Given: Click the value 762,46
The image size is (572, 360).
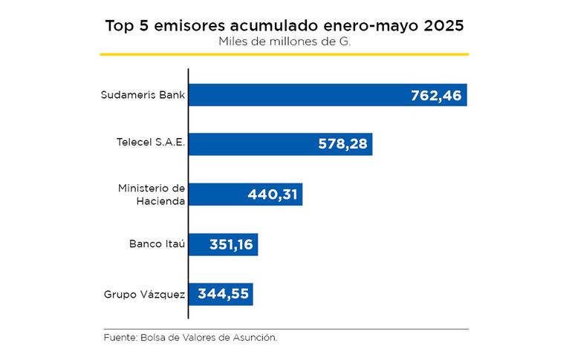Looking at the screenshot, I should click(436, 96).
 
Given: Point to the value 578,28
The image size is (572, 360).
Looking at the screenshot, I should click(342, 145).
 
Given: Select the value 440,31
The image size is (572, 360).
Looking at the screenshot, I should click(272, 194).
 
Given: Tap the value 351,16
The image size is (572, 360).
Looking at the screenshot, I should click(227, 244).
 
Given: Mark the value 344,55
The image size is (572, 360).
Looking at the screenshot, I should click(223, 294).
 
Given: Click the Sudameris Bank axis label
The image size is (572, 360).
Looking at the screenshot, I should click(143, 95).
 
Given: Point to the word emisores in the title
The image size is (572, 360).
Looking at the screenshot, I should click(190, 26).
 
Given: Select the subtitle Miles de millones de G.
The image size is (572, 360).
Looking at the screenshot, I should click(285, 42).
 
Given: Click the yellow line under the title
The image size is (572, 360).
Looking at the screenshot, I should click(285, 54).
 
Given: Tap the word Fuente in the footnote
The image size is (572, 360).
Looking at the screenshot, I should click(119, 338).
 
